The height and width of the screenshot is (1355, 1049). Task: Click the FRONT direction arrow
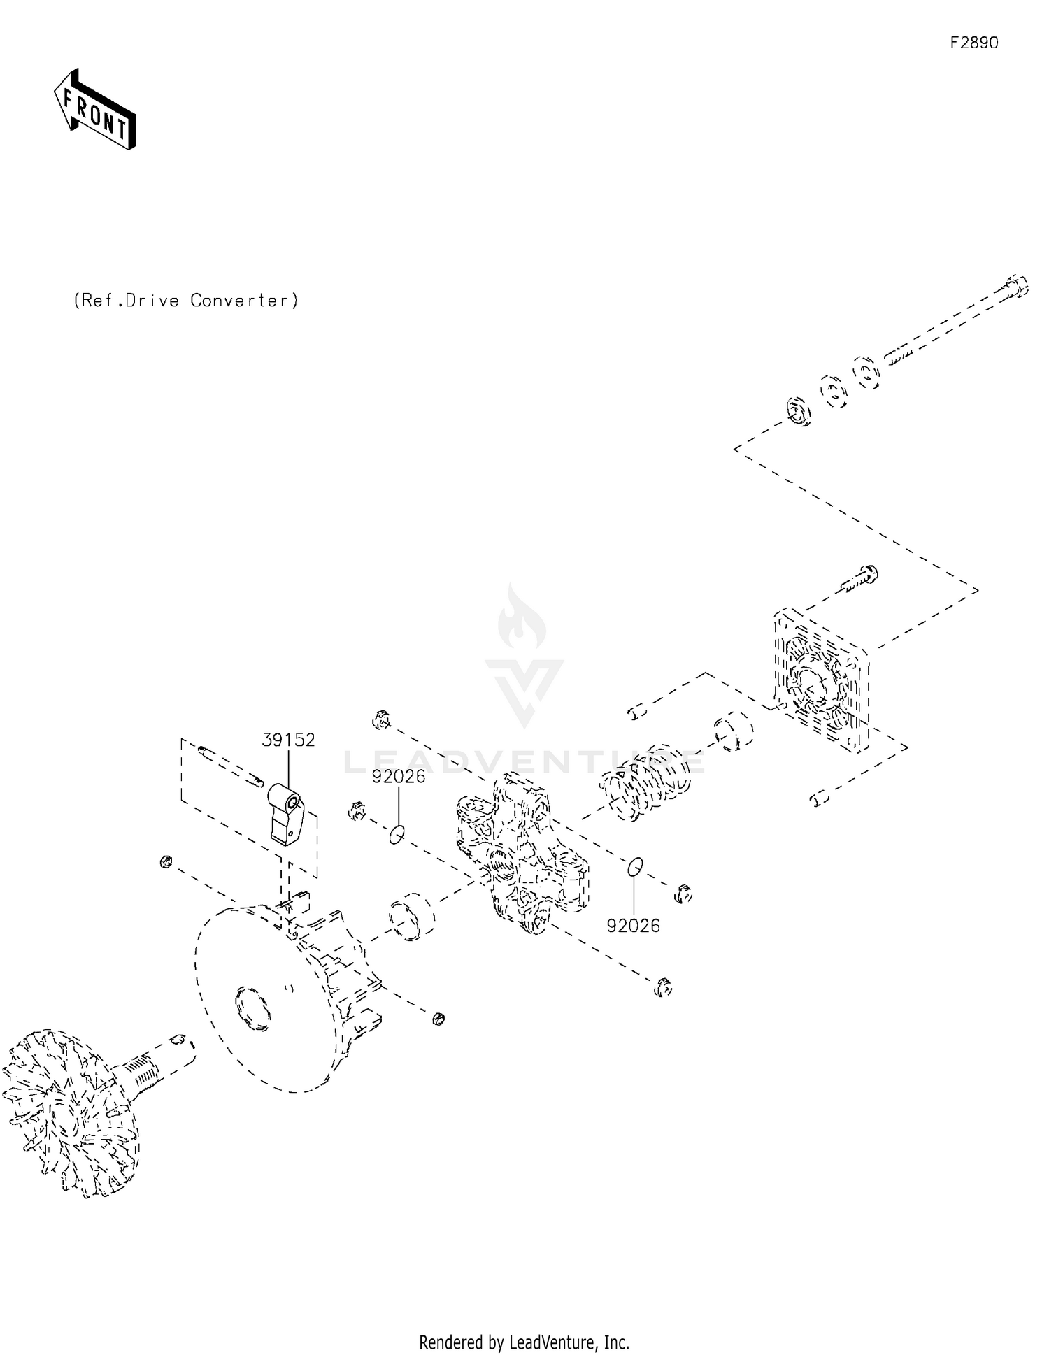[94, 110]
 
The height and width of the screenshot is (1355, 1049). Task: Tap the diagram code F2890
[973, 43]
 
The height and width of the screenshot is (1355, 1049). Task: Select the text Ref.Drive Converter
[186, 301]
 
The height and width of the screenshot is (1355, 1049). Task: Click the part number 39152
[288, 740]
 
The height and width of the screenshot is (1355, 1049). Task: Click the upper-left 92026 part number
[398, 777]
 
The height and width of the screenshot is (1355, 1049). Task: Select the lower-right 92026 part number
[633, 926]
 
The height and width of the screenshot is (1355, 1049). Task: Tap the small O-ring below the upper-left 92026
[397, 833]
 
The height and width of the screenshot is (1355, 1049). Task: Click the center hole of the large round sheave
[253, 1008]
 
